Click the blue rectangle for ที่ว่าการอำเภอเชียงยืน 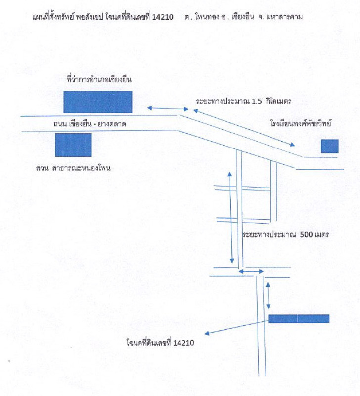pos(97,101)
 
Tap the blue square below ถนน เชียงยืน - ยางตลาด pos(73,145)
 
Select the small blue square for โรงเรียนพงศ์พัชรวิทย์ pos(329,146)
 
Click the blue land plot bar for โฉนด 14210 pos(299,318)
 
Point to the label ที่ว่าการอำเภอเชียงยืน pos(99,79)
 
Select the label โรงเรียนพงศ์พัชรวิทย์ pos(300,121)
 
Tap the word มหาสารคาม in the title pos(285,17)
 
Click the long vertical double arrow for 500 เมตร pos(231,218)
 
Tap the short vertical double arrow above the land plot pos(268,295)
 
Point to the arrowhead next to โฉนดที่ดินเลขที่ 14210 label pos(208,333)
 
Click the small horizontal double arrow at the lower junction pos(251,271)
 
